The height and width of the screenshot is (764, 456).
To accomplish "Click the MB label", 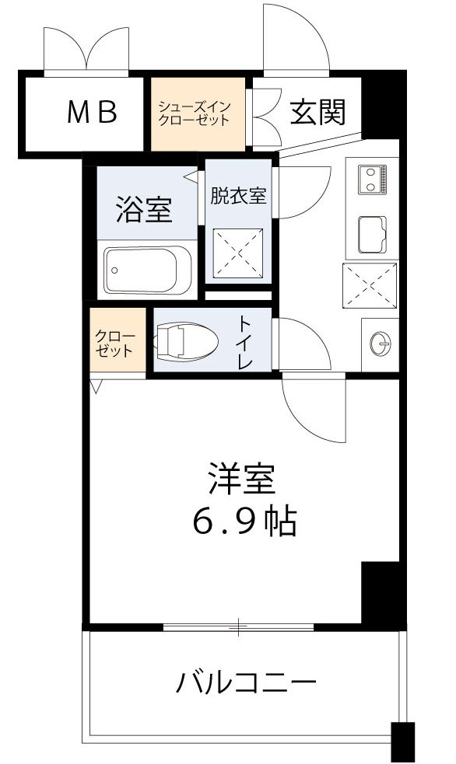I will pyautogui.click(x=91, y=113).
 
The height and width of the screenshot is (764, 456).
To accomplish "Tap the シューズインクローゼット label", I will pyautogui.click(x=193, y=113).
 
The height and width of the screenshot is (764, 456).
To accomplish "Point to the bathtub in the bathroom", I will pyautogui.click(x=148, y=271).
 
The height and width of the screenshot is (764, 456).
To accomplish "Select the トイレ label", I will pyautogui.click(x=245, y=342).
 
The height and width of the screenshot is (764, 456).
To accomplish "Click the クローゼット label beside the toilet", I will pyautogui.click(x=116, y=343).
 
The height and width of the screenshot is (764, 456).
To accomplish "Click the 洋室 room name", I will pyautogui.click(x=240, y=480).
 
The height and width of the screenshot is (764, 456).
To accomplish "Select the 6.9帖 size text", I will pyautogui.click(x=244, y=522).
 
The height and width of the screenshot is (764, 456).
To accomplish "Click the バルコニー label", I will pyautogui.click(x=246, y=684).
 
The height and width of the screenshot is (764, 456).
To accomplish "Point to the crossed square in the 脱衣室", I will pyautogui.click(x=237, y=253).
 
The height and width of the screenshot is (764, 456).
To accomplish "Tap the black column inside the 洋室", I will pyautogui.click(x=380, y=591).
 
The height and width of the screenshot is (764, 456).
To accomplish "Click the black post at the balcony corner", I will pyautogui.click(x=402, y=742).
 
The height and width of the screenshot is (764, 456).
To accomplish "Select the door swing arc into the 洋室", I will pyautogui.click(x=315, y=408).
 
